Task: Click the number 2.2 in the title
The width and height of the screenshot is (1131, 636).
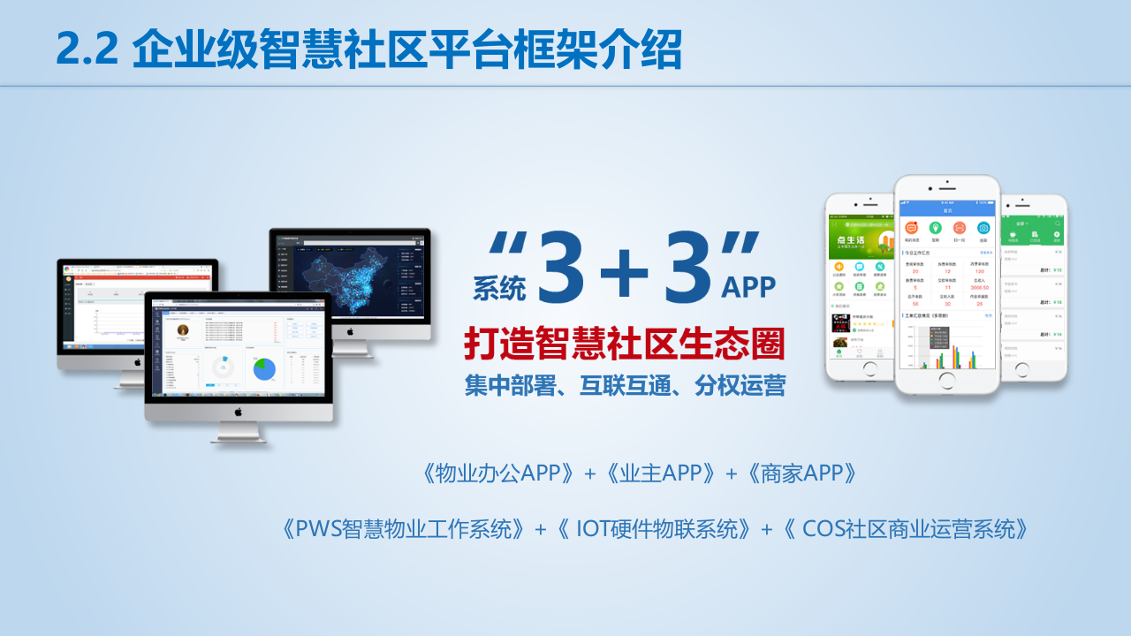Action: click(x=87, y=49)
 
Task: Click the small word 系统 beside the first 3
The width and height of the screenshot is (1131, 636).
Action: click(x=499, y=287)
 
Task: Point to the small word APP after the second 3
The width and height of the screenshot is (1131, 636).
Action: click(x=748, y=287)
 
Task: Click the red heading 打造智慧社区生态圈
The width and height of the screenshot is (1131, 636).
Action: click(x=625, y=344)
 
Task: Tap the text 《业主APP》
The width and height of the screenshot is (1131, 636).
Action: click(x=661, y=473)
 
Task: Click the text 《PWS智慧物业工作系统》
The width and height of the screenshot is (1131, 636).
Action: click(x=406, y=529)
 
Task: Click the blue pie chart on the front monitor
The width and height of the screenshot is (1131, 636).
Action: click(x=264, y=368)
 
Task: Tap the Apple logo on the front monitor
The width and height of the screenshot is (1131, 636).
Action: click(x=238, y=412)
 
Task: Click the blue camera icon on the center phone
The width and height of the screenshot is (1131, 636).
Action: click(x=983, y=228)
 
